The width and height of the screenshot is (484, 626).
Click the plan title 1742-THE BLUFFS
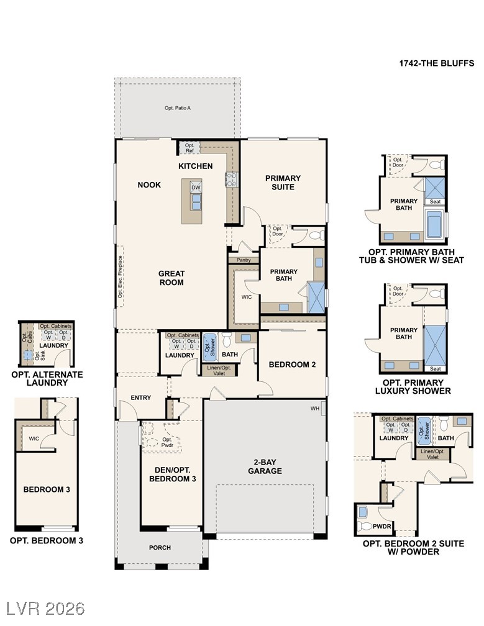(x=436, y=63)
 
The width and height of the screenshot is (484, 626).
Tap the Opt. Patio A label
(x=177, y=108)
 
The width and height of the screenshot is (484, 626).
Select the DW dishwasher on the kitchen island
(x=196, y=187)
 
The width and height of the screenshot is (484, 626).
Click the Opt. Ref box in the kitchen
(x=189, y=147)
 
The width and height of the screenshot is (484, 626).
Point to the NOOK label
(x=149, y=184)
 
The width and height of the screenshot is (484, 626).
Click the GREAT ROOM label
(x=171, y=278)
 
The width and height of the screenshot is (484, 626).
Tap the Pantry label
(x=244, y=260)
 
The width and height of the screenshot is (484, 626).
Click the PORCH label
(x=160, y=547)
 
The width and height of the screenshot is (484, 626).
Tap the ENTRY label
(x=141, y=397)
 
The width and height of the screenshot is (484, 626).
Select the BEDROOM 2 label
(x=292, y=365)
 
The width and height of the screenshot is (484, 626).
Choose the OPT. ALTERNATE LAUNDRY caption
(x=47, y=379)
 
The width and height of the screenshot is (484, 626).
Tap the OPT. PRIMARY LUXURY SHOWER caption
(x=413, y=386)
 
